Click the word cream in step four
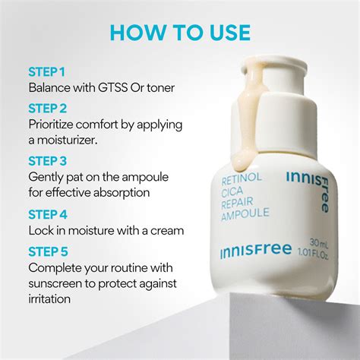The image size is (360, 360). pyautogui.click(x=166, y=229)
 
